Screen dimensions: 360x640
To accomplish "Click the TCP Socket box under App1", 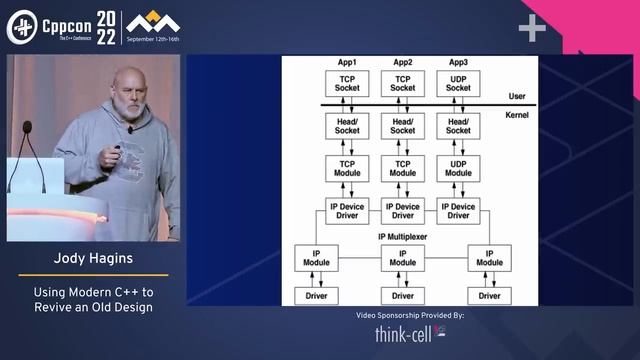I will tap(347, 83).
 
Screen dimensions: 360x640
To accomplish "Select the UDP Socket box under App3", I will tap(458, 83).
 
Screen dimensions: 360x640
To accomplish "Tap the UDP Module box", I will tap(458, 168).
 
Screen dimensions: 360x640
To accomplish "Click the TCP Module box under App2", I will tap(403, 168).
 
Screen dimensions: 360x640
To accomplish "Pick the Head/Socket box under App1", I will tap(347, 125).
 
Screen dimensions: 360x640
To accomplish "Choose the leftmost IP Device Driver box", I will tap(347, 211).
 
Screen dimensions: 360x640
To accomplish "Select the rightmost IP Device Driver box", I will tap(458, 211).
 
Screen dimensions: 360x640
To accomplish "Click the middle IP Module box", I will tap(403, 257).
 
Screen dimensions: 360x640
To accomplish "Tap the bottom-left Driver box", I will tap(316, 295).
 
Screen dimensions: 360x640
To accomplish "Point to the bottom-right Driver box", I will tap(489, 295).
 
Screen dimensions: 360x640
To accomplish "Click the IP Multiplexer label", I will tap(403, 236).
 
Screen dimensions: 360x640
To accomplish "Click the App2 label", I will tap(403, 62).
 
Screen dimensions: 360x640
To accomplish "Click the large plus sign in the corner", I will tap(532, 29).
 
